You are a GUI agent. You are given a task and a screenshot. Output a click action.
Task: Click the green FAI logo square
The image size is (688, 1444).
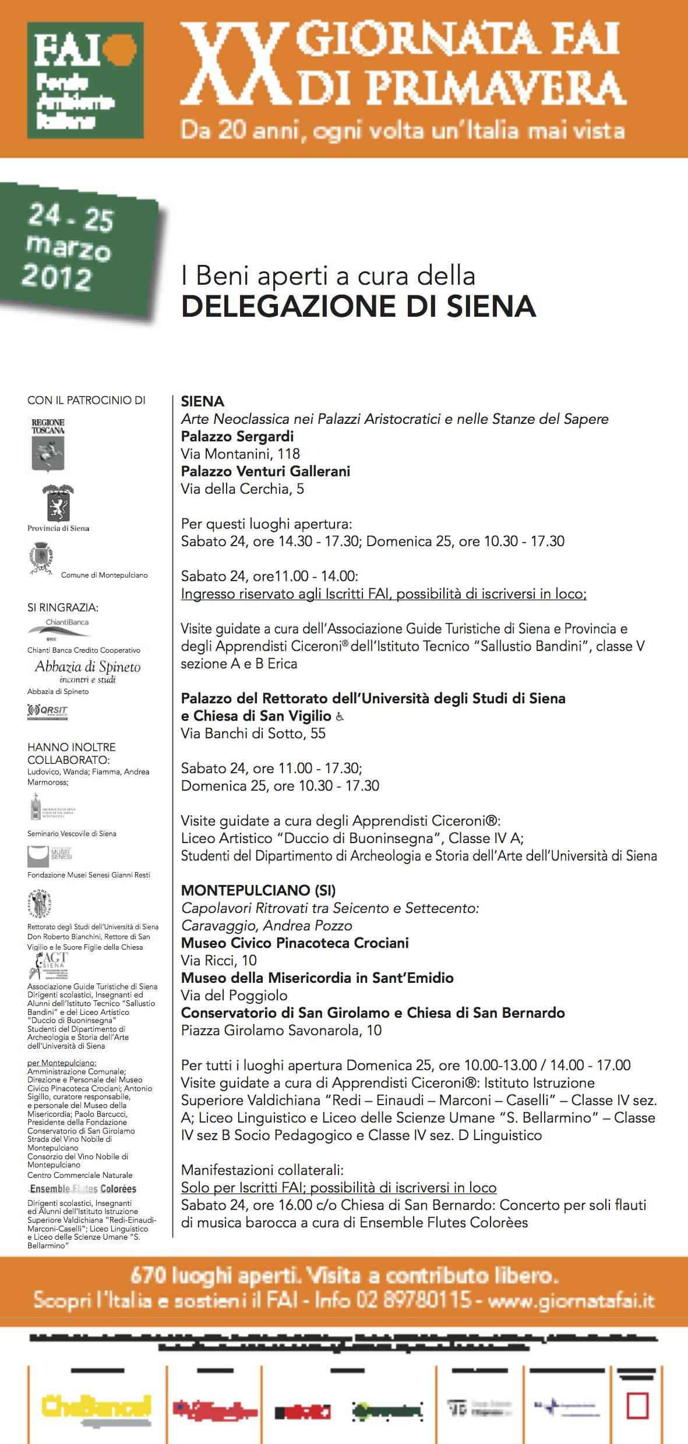[x=85, y=79]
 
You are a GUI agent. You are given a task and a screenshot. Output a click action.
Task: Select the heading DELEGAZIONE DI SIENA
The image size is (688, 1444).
[x=358, y=307]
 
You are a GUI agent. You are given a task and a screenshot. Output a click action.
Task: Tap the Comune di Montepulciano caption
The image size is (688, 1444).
[x=104, y=575]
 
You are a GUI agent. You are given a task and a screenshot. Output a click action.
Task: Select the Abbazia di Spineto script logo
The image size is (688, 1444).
[x=87, y=671]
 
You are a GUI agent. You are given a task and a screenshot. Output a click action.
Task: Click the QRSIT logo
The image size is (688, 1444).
[x=48, y=711]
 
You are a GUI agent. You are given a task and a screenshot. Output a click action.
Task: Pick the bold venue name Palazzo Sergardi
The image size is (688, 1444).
[x=237, y=437]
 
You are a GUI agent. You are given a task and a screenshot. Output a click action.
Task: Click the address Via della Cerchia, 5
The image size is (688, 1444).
[x=242, y=489]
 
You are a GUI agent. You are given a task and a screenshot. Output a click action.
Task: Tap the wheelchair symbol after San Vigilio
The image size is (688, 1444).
[x=340, y=717]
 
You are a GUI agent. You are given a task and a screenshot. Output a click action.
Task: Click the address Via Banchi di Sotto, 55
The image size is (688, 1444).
[x=253, y=734]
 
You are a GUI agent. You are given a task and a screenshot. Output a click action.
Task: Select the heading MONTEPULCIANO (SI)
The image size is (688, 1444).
[x=258, y=890]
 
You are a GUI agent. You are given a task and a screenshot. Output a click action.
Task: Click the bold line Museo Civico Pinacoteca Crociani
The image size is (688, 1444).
[x=295, y=943]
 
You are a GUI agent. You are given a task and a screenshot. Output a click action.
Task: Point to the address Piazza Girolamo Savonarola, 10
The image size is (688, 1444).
[x=281, y=1030]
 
